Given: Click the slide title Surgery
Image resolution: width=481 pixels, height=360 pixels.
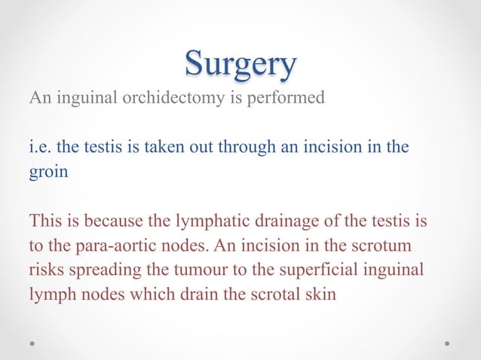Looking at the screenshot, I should point(240,65).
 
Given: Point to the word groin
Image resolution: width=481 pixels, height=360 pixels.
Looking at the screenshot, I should point(48,171).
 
